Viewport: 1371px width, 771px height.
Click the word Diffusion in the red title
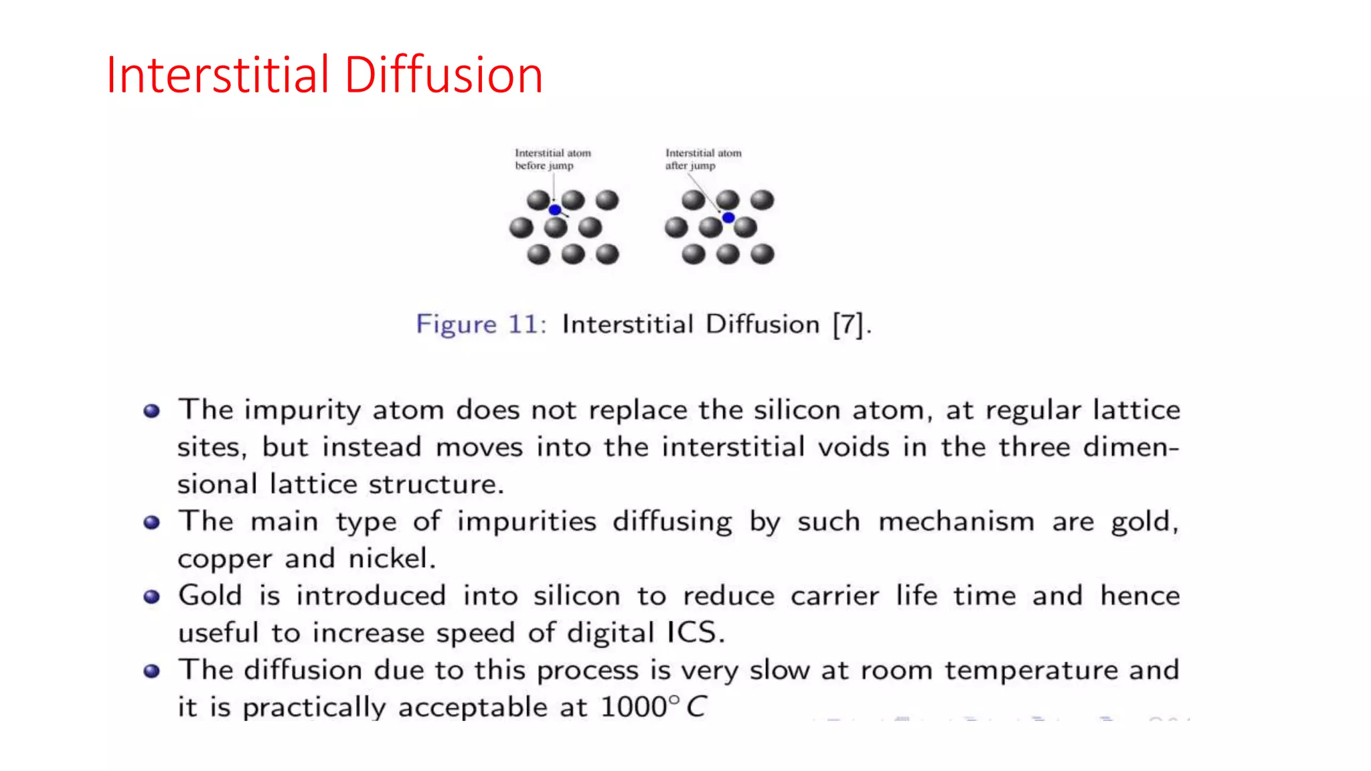click(x=443, y=74)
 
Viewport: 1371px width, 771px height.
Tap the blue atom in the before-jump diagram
click(x=555, y=210)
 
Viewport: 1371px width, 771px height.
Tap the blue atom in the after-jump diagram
click(x=728, y=218)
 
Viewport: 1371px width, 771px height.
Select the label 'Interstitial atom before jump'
click(x=552, y=159)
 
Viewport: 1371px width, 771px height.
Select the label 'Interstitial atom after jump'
click(x=703, y=159)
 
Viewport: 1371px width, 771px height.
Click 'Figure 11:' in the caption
click(x=481, y=325)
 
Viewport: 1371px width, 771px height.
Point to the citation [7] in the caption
click(x=849, y=325)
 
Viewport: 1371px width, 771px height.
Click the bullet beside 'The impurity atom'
click(x=152, y=411)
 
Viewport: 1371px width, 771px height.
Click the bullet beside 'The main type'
click(x=152, y=522)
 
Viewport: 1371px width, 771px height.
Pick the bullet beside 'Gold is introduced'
click(x=152, y=596)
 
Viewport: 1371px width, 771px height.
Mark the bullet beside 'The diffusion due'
click(x=152, y=671)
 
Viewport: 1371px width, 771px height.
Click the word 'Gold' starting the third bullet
click(x=210, y=596)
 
